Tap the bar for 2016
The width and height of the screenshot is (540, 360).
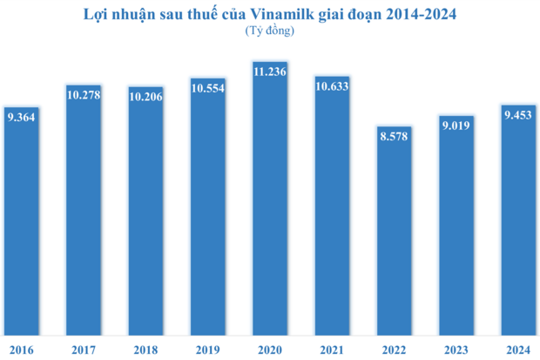click(21, 227)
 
